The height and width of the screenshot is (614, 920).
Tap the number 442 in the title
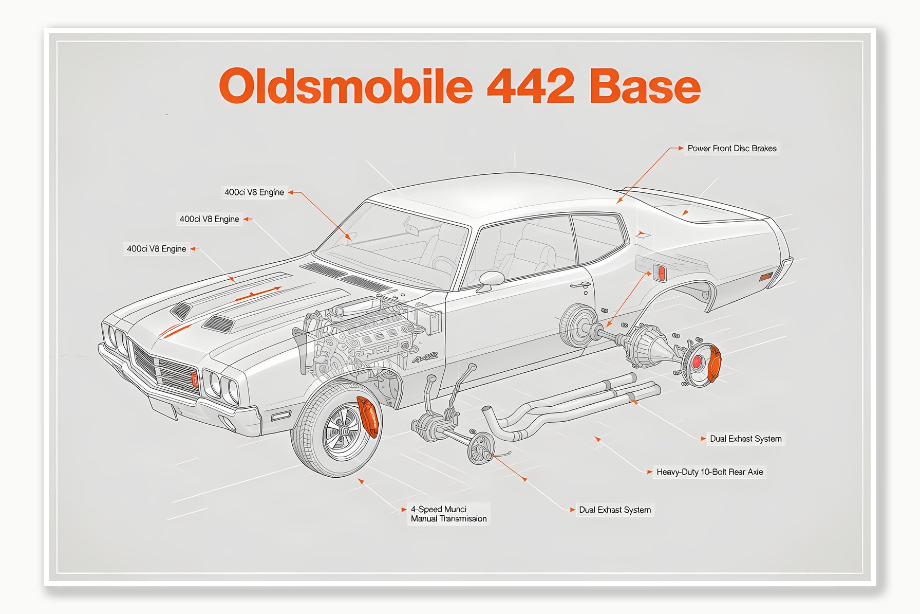pos(530,86)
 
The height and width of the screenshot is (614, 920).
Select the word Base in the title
pos(645,86)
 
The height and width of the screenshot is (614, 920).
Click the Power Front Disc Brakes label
pos(731,149)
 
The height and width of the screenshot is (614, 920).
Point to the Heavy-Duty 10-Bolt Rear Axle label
pos(709,472)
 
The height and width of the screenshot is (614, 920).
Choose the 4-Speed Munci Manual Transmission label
pos(448,514)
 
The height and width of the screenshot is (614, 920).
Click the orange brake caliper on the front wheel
pos(369,417)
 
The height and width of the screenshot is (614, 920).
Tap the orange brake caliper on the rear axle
pos(714,363)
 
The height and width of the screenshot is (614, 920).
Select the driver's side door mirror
pos(491,279)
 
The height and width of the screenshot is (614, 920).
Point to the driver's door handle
pos(580,285)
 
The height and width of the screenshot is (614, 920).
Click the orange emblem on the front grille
pos(195,380)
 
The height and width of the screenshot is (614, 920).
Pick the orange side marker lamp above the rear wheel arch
pos(661,273)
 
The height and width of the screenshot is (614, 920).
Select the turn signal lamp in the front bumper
pos(280,416)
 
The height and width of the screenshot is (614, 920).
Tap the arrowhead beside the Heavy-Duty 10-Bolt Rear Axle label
pos(650,472)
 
